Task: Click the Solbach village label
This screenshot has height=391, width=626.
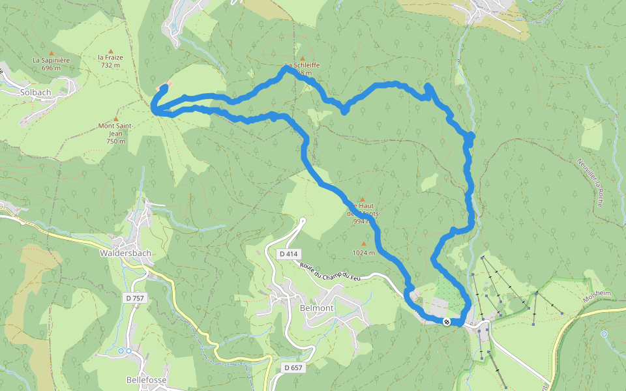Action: point(35,93)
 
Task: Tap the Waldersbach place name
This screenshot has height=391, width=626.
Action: point(125,253)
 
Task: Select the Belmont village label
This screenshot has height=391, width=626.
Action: point(316,308)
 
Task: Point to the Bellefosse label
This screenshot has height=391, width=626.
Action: point(147,379)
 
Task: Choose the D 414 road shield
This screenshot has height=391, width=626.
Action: point(286,253)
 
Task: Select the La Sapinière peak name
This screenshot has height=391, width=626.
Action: point(51,60)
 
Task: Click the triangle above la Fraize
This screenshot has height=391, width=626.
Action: point(111,51)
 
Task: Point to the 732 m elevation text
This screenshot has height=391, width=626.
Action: point(111,65)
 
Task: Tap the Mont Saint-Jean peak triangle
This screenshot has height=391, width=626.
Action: point(116,119)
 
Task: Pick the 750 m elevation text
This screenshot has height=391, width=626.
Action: point(115,141)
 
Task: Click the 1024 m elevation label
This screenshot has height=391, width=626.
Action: point(364,253)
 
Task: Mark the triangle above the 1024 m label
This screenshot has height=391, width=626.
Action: point(364,244)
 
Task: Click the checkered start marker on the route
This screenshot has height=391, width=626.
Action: point(447,322)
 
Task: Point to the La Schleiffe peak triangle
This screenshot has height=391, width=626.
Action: point(302,58)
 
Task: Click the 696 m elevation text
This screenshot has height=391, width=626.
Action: point(51,68)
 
